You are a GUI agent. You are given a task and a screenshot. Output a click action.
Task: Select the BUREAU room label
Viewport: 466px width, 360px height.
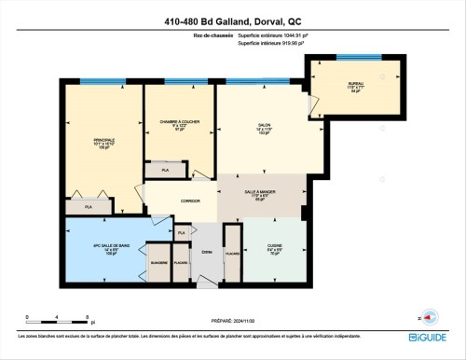(356, 87)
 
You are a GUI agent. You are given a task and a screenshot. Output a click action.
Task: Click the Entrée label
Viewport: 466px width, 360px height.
(206, 253)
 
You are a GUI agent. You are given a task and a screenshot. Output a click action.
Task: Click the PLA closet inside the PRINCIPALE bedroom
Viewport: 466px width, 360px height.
(90, 206)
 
